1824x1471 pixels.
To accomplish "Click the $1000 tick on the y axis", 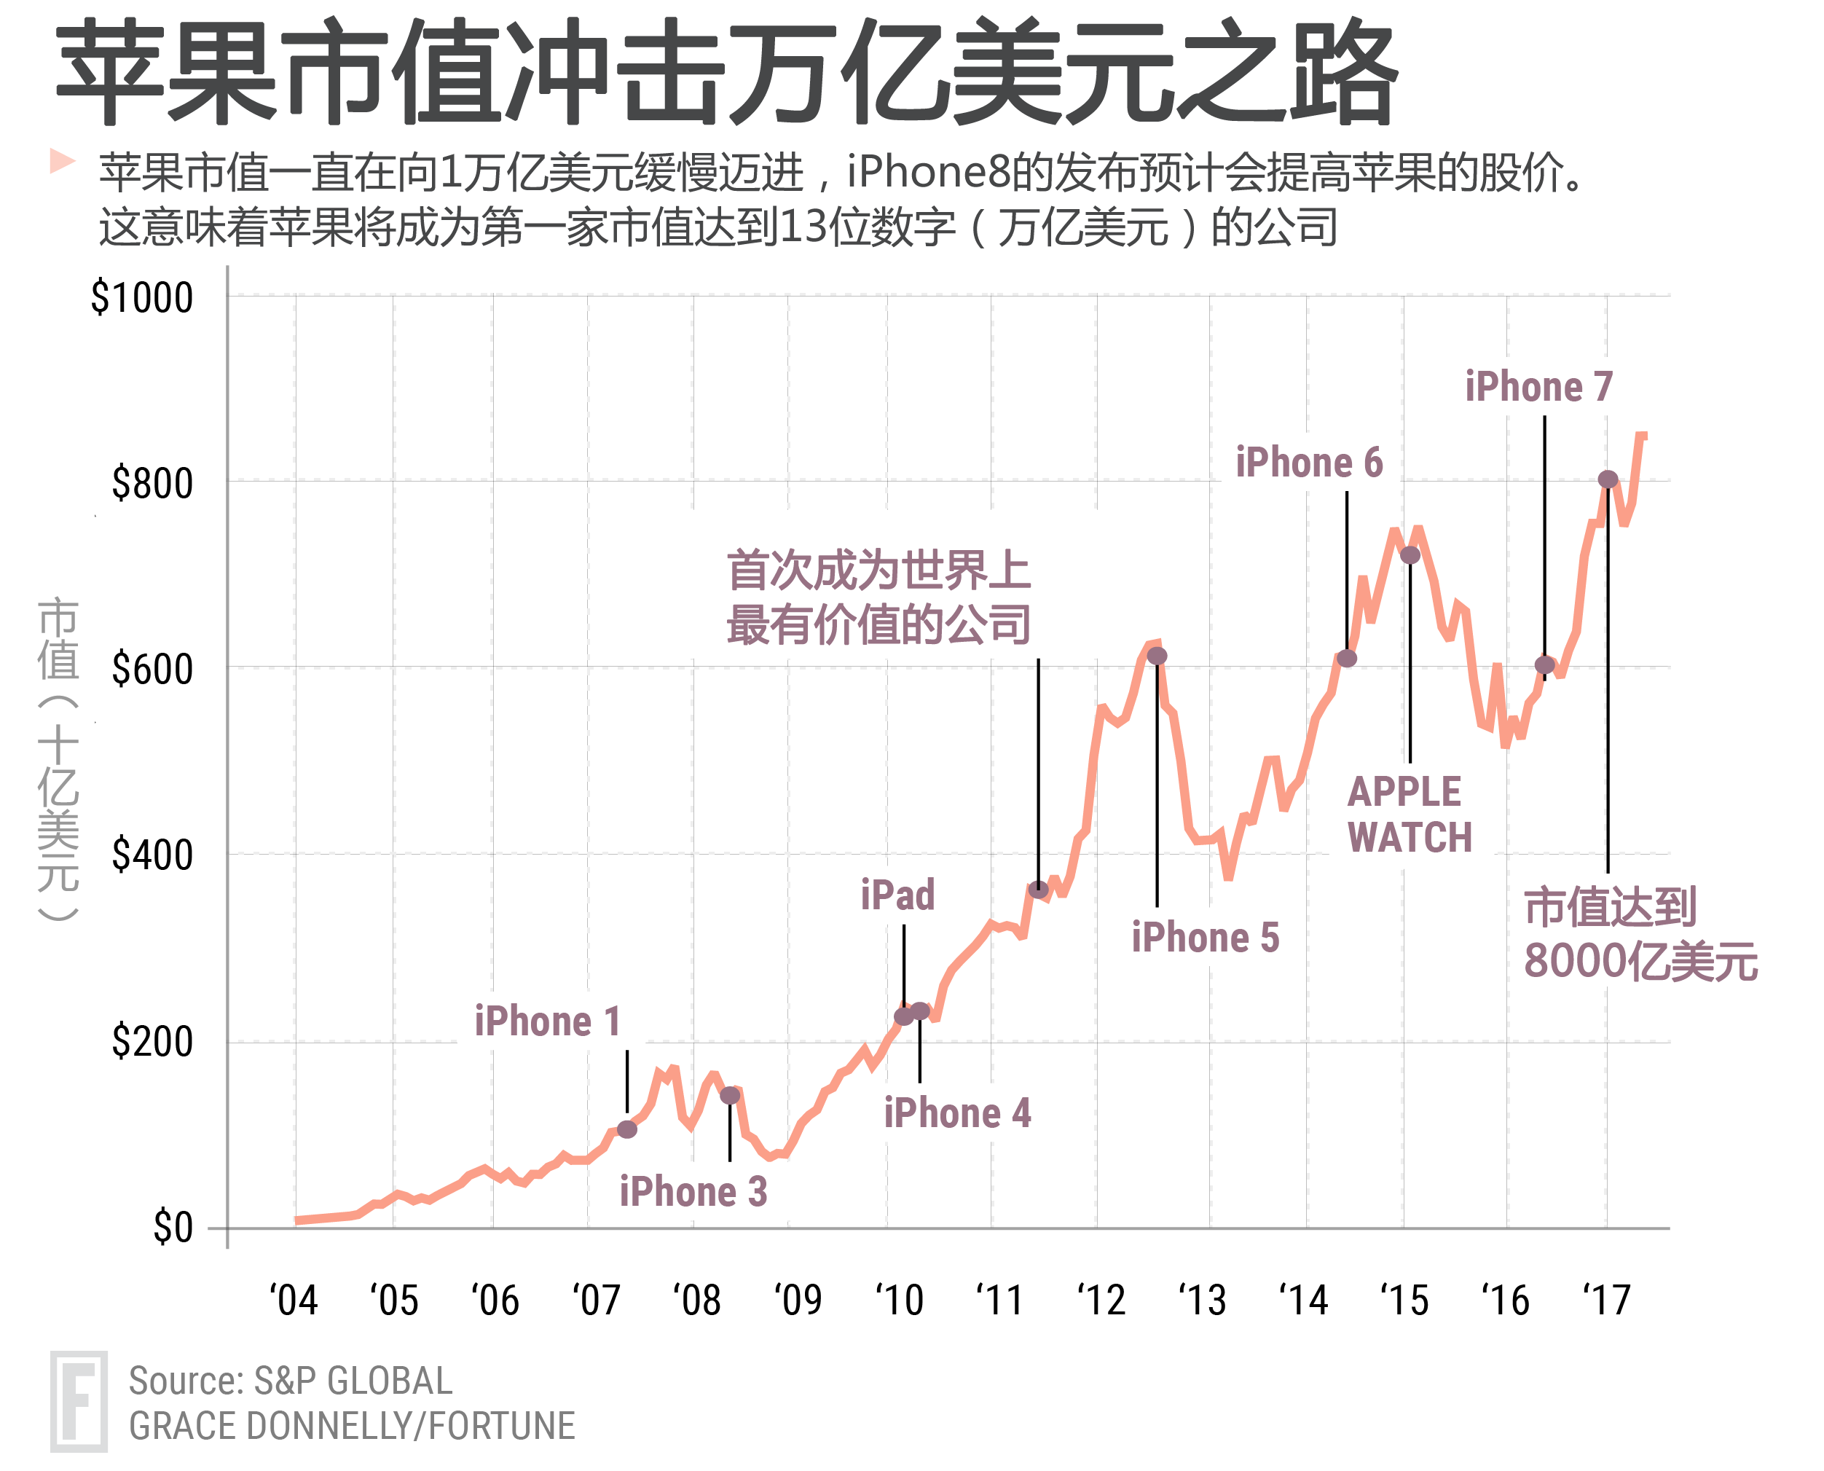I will coord(141,298).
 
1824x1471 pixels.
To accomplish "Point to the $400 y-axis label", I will coord(152,856).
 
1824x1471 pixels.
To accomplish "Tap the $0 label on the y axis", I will coord(172,1228).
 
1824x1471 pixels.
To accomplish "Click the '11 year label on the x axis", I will coord(999,1301).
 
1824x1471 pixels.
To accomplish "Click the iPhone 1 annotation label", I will coord(547,1022).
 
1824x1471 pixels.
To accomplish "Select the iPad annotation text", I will coord(897,895).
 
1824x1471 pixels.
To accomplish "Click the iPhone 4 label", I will coord(957,1113).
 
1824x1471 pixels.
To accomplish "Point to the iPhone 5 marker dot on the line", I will coord(1157,656).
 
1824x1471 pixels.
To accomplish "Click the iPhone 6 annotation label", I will coord(1309,463).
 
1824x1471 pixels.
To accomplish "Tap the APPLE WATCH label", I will coord(1409,815).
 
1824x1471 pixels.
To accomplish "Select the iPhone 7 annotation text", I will coord(1538,387).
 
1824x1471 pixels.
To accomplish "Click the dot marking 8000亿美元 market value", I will coord(1607,479).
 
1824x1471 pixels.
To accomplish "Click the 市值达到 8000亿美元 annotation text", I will coord(1639,935).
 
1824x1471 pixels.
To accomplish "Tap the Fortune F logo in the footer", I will coord(78,1402).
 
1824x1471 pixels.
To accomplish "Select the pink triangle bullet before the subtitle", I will coord(62,160).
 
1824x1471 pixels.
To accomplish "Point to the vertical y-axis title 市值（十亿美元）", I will coord(58,758).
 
